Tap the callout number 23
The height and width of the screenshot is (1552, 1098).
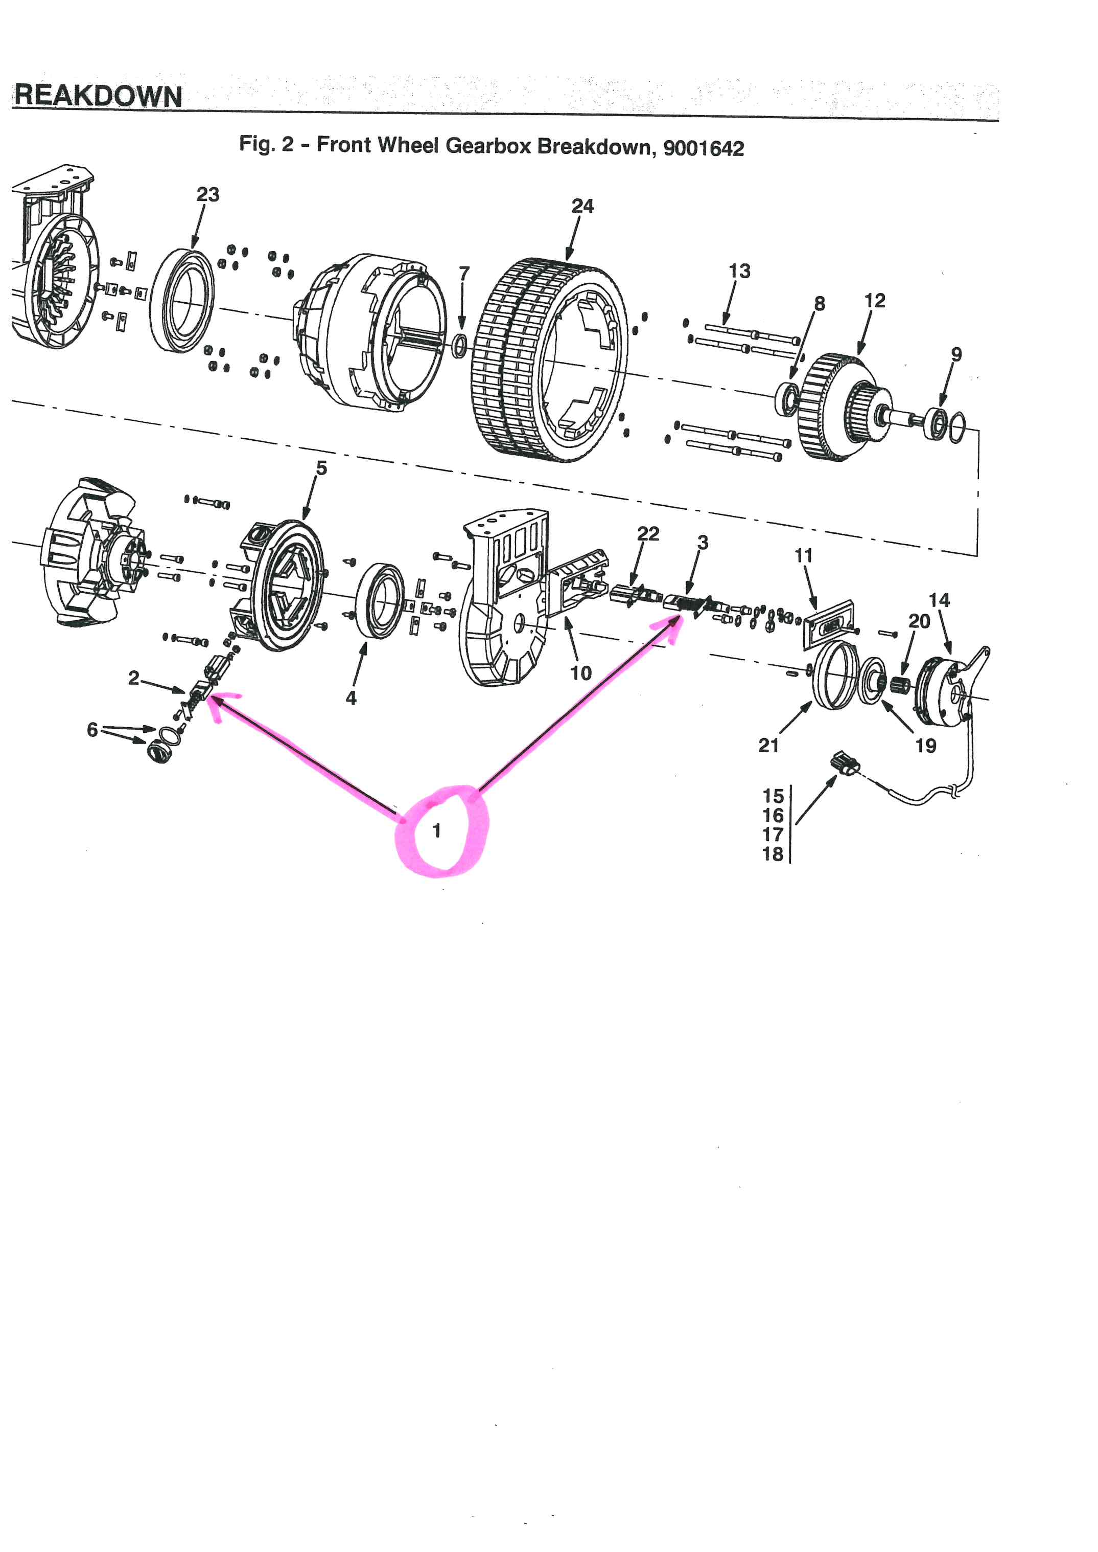(x=207, y=195)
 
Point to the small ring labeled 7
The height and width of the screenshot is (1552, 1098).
(x=459, y=345)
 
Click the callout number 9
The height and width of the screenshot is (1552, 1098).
(x=956, y=354)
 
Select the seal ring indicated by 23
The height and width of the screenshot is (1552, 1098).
(x=181, y=301)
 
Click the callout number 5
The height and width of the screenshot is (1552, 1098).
(x=321, y=468)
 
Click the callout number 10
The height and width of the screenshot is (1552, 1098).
(x=581, y=673)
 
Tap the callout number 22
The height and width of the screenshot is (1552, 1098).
(x=648, y=534)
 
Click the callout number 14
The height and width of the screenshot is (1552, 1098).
(x=939, y=600)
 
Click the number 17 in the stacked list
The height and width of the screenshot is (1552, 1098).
(x=773, y=835)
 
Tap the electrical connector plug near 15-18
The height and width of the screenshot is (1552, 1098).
(x=845, y=764)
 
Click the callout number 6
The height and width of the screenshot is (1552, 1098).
(x=92, y=729)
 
